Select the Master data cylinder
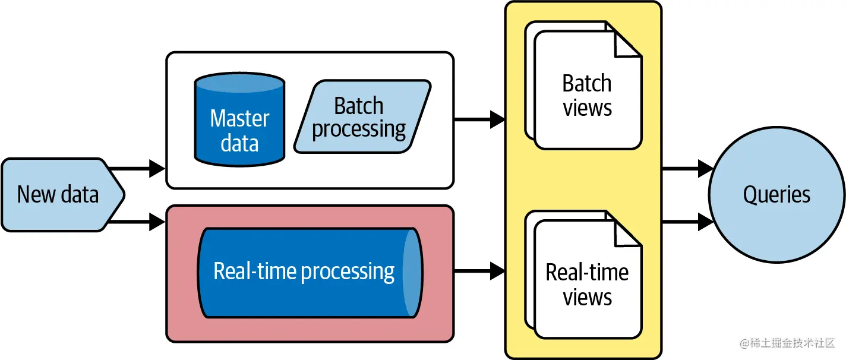[x=239, y=119]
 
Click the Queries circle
[x=776, y=194]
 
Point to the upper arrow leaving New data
[x=138, y=169]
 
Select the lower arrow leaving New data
[x=138, y=223]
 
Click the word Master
[x=239, y=118]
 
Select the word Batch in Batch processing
[x=358, y=106]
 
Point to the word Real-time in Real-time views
[x=587, y=273]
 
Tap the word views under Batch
[x=588, y=109]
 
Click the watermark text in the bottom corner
[x=788, y=343]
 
